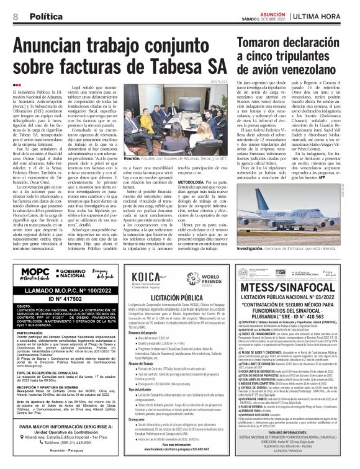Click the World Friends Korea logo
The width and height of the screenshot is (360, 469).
click(x=200, y=275)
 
